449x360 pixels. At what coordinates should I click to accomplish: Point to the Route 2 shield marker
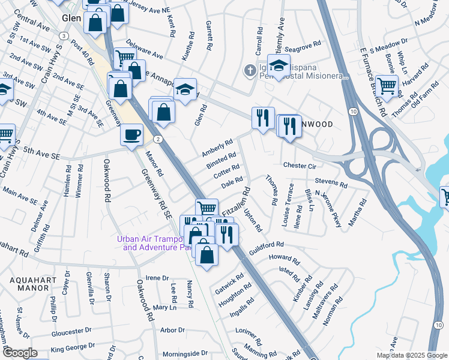157,139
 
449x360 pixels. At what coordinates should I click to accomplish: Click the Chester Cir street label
299,165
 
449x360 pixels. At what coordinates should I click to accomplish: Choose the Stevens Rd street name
331,182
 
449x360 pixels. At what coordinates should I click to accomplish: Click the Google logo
20,353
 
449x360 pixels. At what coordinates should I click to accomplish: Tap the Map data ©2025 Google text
411,355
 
